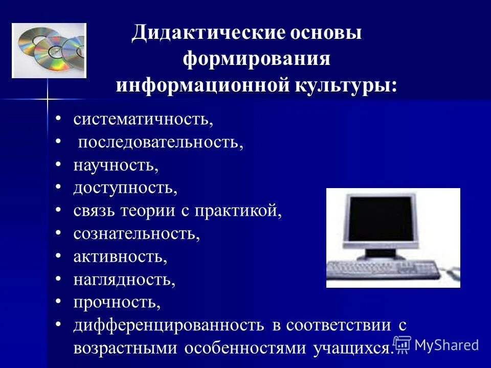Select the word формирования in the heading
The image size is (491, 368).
(257, 59)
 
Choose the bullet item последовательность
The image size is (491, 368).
(160, 142)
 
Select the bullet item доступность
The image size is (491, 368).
(125, 188)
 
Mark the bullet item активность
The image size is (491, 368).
(120, 256)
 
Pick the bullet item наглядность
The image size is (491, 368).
(124, 279)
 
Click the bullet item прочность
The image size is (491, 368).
(117, 302)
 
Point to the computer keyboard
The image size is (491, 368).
(384, 269)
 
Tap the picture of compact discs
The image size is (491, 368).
(49, 50)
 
